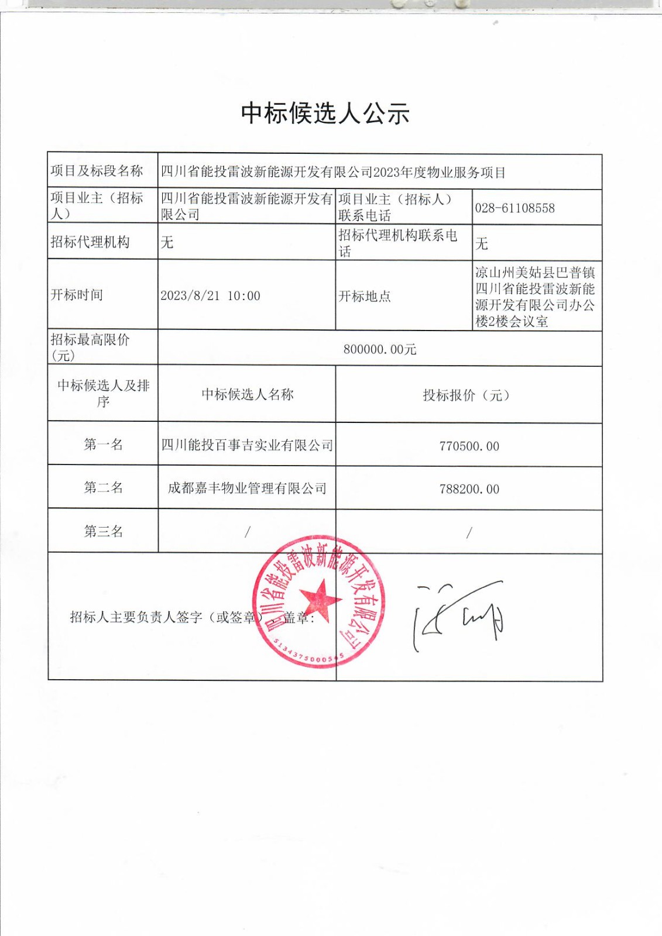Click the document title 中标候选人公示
(325, 113)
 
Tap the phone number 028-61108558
(514, 208)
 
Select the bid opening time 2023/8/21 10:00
(210, 296)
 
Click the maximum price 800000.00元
(380, 349)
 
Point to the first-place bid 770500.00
(469, 446)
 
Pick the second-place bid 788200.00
(469, 490)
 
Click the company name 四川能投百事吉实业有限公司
(247, 446)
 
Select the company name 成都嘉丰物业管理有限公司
(247, 488)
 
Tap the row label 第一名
(103, 445)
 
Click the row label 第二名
(103, 488)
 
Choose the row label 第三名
(103, 531)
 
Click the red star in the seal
(320, 600)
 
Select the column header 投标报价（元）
(469, 395)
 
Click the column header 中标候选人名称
(247, 395)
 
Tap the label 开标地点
(364, 297)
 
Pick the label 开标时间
(77, 295)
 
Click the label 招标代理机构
(90, 242)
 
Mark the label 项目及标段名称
(97, 171)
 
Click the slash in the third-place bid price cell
(469, 532)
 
